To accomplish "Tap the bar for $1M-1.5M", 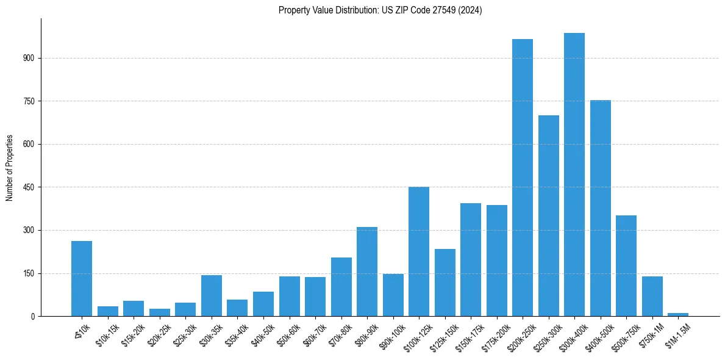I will [678, 314].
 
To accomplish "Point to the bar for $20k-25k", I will [160, 312].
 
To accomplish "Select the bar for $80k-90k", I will [367, 272].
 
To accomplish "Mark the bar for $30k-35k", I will [212, 295].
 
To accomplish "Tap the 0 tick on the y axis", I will [34, 316].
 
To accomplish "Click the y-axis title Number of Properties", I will [9, 167].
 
